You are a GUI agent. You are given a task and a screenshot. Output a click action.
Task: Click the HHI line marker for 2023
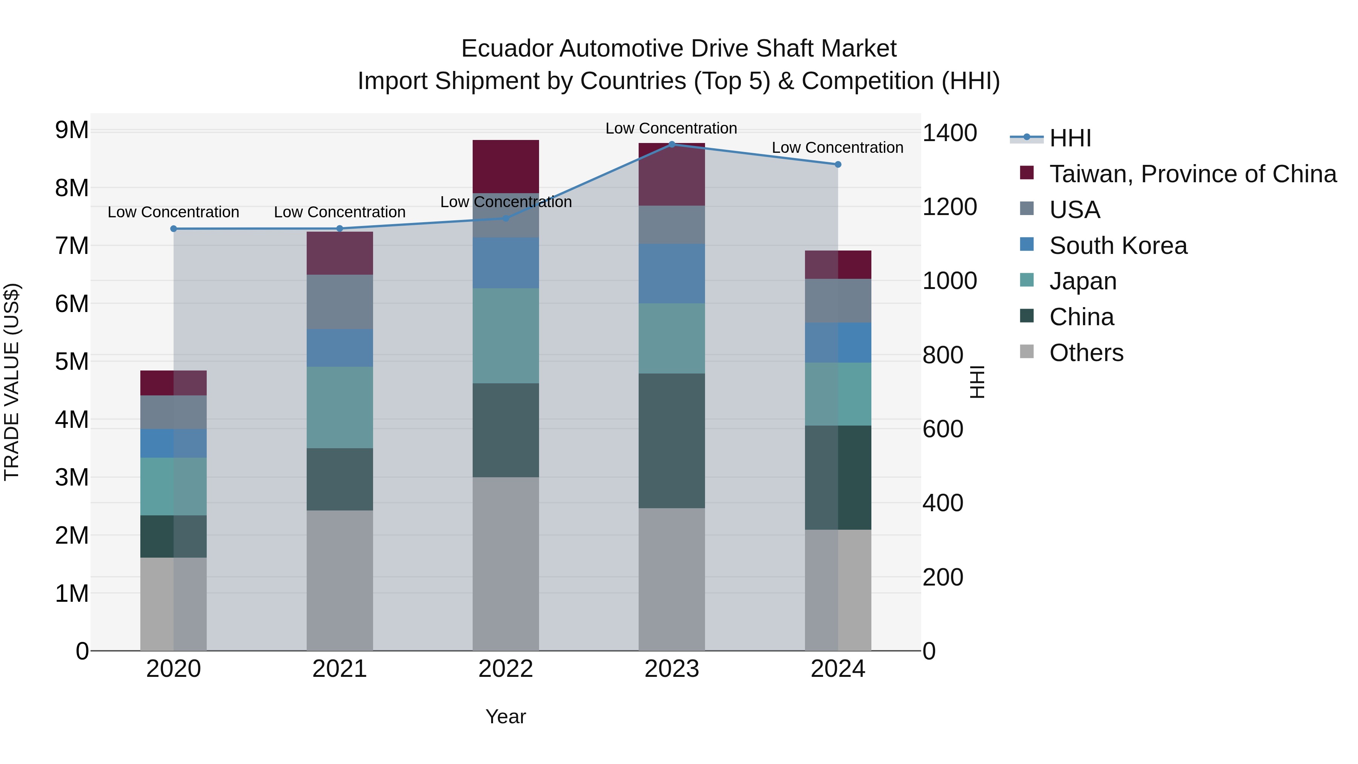(x=671, y=144)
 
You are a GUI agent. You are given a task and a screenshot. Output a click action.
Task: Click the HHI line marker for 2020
(x=174, y=228)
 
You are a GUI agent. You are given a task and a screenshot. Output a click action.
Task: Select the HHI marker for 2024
(x=838, y=164)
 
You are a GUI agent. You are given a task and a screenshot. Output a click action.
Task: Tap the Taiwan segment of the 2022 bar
(x=505, y=166)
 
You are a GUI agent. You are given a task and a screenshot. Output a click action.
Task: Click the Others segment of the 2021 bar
(x=339, y=580)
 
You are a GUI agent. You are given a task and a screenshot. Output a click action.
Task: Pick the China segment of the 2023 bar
(x=671, y=441)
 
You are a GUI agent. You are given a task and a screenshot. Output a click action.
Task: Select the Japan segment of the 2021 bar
(x=339, y=407)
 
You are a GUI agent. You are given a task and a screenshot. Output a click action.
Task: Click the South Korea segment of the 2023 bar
(x=671, y=273)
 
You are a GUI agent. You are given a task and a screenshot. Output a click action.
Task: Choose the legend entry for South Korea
(x=1118, y=246)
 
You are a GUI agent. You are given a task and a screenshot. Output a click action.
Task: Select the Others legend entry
(x=1086, y=353)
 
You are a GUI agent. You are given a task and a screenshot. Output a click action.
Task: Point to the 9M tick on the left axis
(x=72, y=130)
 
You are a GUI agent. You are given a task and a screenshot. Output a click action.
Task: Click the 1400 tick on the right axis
(x=949, y=133)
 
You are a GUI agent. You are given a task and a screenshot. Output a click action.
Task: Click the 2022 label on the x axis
(x=505, y=669)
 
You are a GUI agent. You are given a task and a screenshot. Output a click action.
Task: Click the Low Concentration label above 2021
(x=339, y=212)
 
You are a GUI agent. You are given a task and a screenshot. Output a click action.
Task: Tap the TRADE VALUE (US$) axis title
(x=12, y=382)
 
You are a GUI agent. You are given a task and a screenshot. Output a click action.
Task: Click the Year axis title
(x=505, y=716)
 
